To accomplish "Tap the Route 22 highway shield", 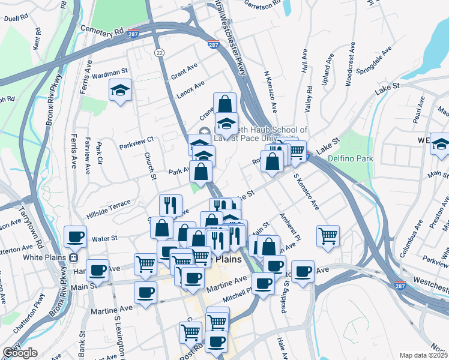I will (159, 53).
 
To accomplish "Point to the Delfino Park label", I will (351, 158).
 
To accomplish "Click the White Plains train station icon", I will (74, 258).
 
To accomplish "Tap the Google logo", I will (20, 353).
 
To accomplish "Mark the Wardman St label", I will (110, 72).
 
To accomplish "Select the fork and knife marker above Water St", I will (170, 205).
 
